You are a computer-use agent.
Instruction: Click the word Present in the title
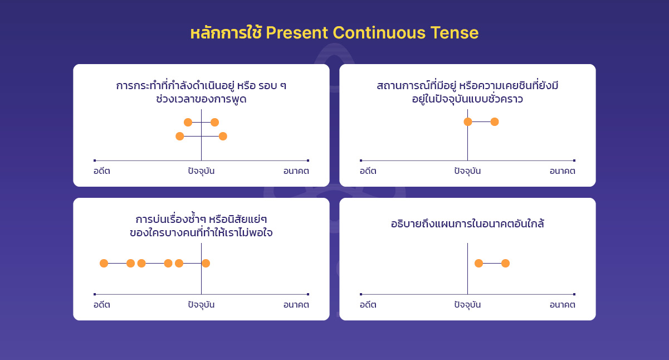pos(297,33)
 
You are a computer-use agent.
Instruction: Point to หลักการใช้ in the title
pos(226,33)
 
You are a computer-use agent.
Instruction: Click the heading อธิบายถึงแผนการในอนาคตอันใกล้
pos(467,224)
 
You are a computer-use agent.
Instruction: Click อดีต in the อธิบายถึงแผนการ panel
pos(368,305)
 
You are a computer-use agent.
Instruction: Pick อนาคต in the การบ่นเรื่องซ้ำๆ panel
pos(296,305)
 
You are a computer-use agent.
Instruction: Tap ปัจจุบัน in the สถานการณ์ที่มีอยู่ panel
pos(467,171)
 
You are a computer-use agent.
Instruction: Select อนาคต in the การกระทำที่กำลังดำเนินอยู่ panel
pos(296,171)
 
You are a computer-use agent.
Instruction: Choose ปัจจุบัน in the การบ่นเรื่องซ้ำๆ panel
pos(201,305)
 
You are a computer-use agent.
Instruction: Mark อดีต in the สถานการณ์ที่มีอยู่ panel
pos(368,171)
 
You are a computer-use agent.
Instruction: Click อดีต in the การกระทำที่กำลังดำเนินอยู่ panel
pos(102,171)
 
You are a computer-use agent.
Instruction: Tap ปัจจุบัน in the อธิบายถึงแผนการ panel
pos(467,305)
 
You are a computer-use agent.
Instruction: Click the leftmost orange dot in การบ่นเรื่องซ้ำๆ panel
pos(104,264)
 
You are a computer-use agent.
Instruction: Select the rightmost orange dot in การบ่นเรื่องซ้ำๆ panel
pos(206,264)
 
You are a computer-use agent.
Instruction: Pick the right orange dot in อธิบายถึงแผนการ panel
pos(505,264)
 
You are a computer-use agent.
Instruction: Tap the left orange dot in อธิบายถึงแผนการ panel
pos(478,264)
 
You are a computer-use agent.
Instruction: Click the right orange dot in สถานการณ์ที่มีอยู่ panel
pos(495,122)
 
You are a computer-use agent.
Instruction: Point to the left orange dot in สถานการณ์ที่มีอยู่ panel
pos(468,122)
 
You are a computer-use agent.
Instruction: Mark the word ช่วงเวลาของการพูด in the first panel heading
pos(201,100)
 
